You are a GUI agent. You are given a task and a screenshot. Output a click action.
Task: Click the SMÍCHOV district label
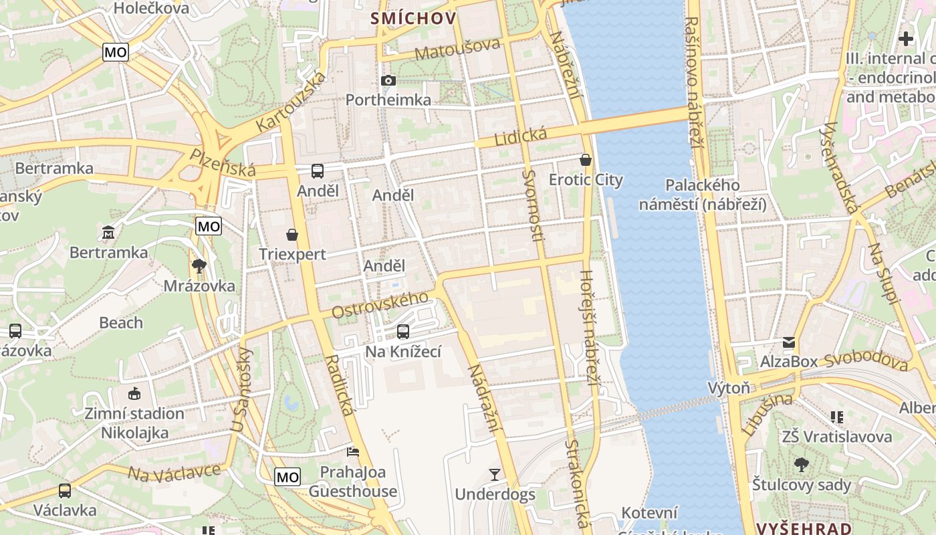[414, 18]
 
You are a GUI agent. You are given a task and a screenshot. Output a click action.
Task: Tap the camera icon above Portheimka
[388, 81]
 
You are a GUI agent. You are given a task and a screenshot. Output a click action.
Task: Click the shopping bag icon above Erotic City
[586, 160]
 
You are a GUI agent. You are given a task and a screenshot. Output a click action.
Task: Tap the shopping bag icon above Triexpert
[292, 235]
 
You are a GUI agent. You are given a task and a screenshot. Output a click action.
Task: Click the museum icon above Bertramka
[108, 233]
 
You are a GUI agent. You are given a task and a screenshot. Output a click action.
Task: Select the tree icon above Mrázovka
[199, 266]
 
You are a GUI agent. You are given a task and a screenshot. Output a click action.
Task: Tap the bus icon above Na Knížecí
[402, 332]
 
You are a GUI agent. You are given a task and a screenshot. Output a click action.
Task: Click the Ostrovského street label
[380, 304]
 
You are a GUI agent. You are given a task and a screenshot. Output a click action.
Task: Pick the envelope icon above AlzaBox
[789, 342]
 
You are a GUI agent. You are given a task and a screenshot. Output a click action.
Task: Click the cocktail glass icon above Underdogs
[495, 475]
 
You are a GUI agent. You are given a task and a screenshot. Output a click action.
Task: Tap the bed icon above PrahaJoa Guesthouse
[352, 453]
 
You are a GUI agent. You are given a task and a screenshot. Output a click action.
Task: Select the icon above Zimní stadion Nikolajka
[134, 394]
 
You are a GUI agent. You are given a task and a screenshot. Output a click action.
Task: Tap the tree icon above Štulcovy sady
[801, 465]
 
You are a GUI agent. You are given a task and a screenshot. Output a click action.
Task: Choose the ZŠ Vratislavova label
[836, 437]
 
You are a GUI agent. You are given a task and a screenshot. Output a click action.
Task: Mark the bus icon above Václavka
[65, 491]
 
